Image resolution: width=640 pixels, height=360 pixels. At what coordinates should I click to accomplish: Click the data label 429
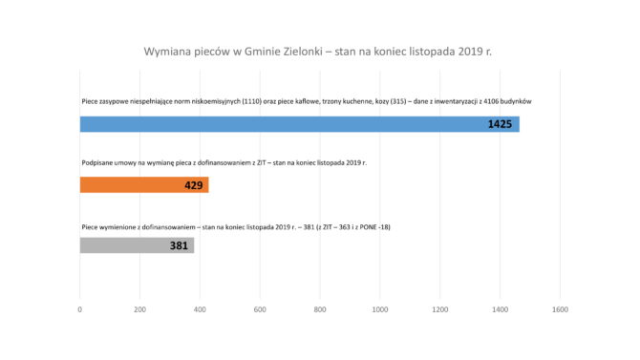pos(194,184)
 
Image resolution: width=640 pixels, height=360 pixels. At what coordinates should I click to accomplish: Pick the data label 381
pos(180,245)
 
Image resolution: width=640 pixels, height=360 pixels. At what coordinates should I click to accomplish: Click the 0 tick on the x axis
pos(80,309)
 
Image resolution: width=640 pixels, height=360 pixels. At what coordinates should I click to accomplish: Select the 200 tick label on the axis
pos(139,309)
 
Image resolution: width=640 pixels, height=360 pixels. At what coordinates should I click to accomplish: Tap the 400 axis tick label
pos(200,309)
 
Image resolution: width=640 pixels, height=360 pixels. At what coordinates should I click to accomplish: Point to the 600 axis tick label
pos(260,309)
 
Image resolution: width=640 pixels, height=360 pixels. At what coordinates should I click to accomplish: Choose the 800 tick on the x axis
pos(320,309)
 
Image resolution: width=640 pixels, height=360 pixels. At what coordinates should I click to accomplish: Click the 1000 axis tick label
pos(380,309)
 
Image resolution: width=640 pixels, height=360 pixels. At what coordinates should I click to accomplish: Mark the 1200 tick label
pos(440,309)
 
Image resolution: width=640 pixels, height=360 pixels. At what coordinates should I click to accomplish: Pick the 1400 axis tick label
pos(501,309)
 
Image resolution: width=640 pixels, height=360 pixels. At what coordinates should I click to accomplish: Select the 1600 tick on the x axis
pos(561,309)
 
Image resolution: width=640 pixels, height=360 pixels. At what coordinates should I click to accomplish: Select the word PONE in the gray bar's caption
pos(368,225)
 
